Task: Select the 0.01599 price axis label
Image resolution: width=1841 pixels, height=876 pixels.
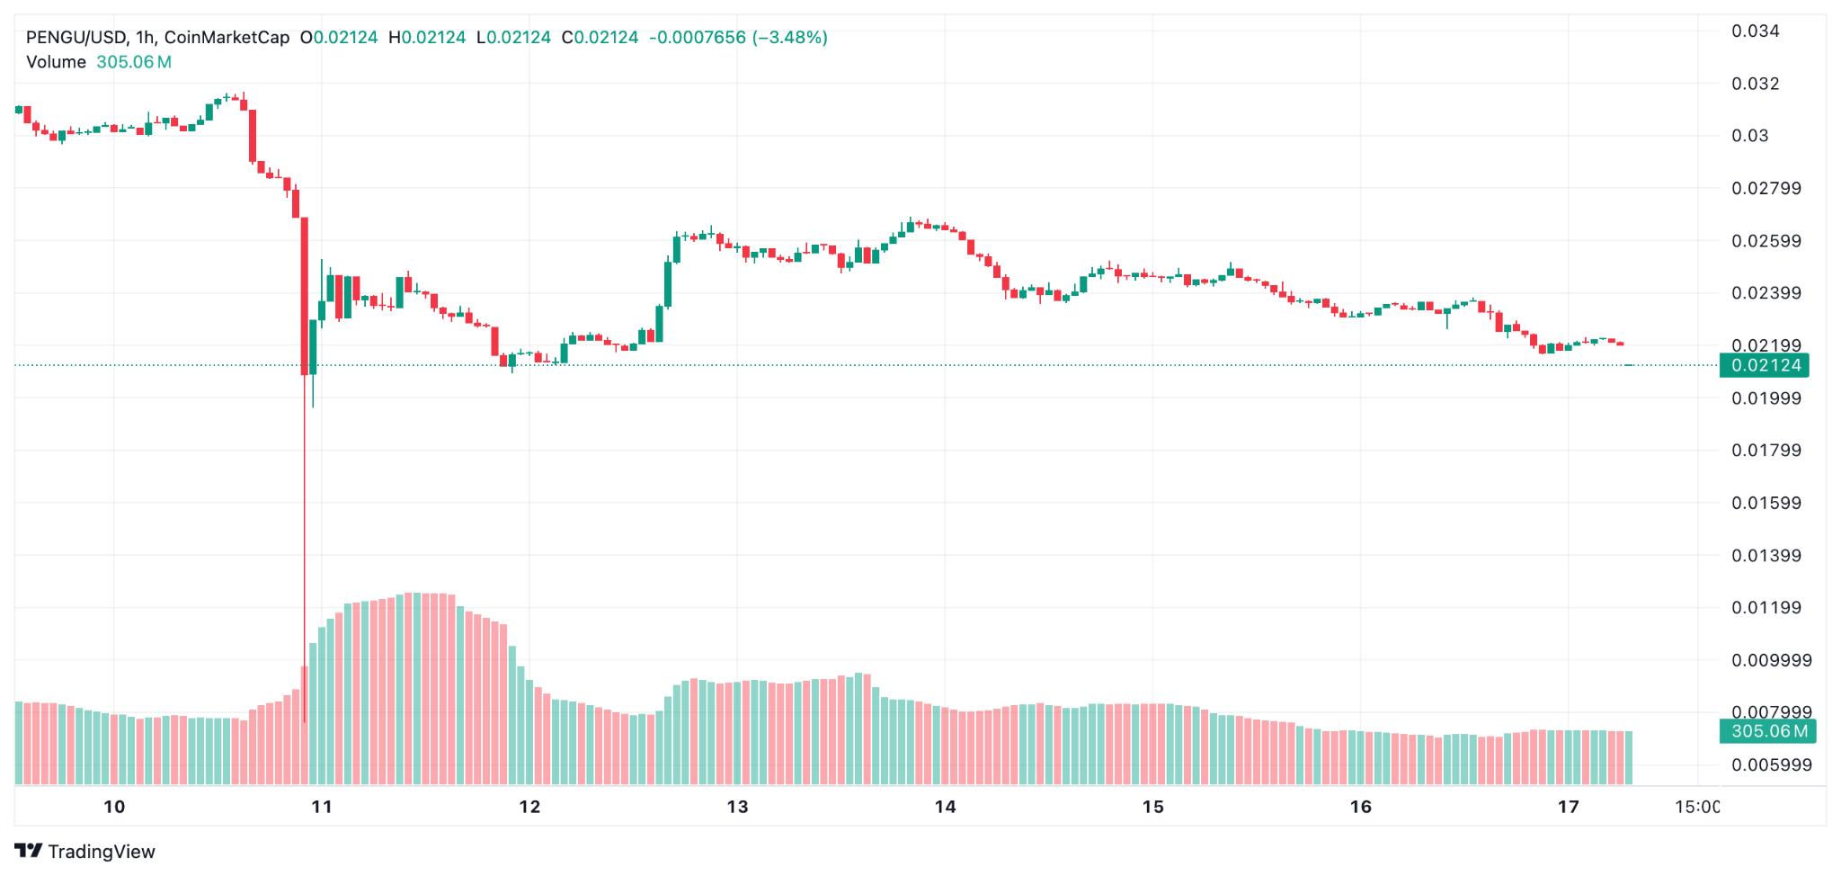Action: point(1765,503)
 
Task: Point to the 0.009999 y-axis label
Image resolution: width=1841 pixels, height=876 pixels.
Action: point(1771,660)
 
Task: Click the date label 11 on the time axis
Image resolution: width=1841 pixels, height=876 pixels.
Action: point(322,807)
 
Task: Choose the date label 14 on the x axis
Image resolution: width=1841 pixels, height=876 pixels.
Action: point(945,807)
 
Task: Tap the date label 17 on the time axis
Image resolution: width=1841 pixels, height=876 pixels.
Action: point(1568,807)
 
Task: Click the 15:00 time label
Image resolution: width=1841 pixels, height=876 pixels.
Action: point(1696,807)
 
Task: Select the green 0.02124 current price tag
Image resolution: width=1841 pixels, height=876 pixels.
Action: point(1765,365)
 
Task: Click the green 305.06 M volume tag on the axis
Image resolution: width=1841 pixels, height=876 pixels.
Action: point(1768,731)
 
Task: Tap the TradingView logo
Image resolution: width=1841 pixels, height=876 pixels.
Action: point(85,851)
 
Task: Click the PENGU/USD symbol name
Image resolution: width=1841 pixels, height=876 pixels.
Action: point(76,38)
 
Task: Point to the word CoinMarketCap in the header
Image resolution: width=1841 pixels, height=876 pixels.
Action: point(227,38)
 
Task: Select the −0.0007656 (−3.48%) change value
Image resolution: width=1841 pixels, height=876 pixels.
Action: point(737,38)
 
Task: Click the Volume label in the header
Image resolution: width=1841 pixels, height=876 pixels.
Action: point(56,62)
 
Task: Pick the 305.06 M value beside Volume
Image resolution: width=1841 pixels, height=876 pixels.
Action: point(134,62)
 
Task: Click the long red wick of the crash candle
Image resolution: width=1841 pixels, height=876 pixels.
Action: point(305,540)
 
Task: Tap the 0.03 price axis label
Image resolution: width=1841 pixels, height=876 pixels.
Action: point(1749,136)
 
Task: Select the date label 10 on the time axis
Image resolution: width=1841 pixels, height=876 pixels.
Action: point(114,807)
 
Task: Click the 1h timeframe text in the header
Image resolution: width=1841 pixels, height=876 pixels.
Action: point(146,38)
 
